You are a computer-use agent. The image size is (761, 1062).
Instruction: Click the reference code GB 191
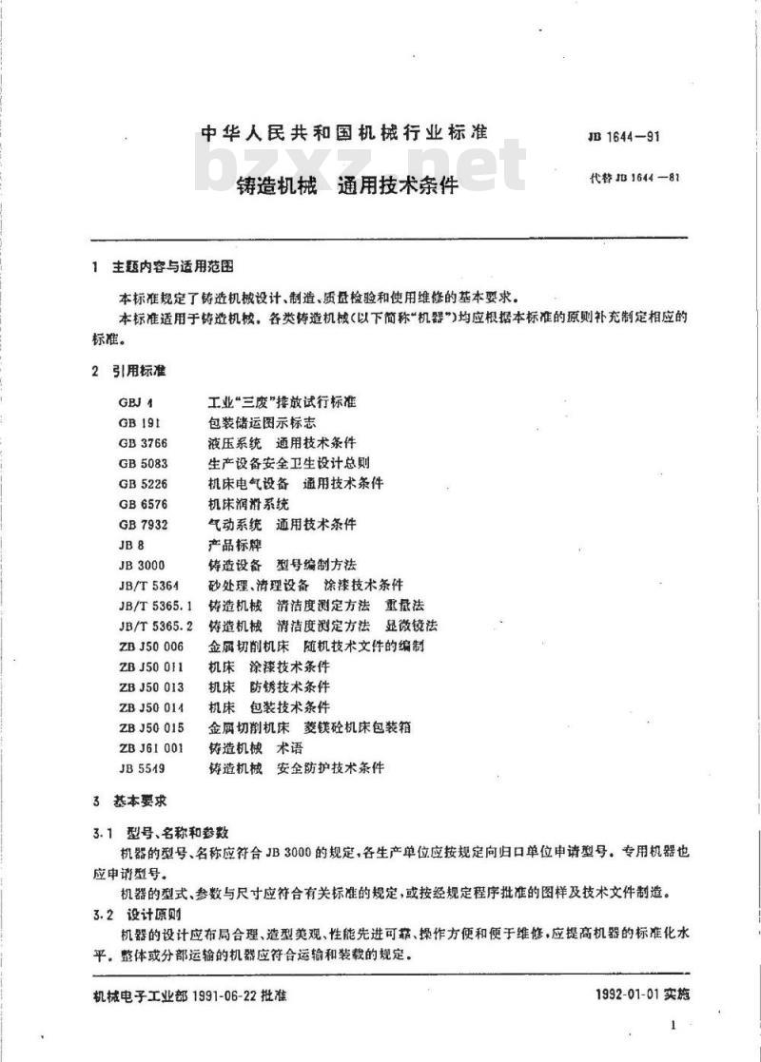click(139, 422)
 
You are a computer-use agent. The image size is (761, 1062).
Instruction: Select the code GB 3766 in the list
click(143, 442)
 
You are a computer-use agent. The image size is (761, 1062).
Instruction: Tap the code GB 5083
click(143, 463)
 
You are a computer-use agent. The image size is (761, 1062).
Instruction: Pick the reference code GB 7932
click(143, 524)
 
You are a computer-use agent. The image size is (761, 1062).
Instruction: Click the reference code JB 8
click(131, 545)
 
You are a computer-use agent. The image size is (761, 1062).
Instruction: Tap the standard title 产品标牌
click(234, 545)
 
